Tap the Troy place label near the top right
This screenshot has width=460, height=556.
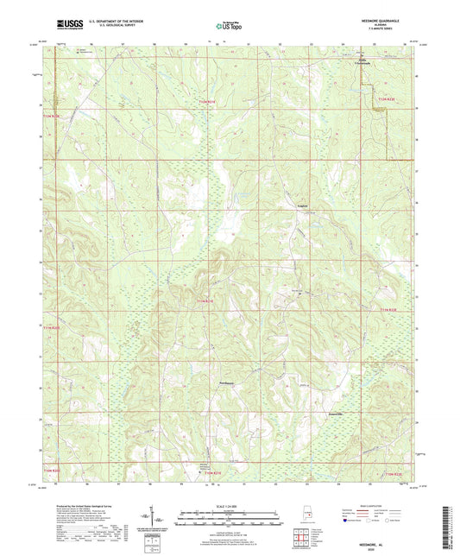(361, 60)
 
